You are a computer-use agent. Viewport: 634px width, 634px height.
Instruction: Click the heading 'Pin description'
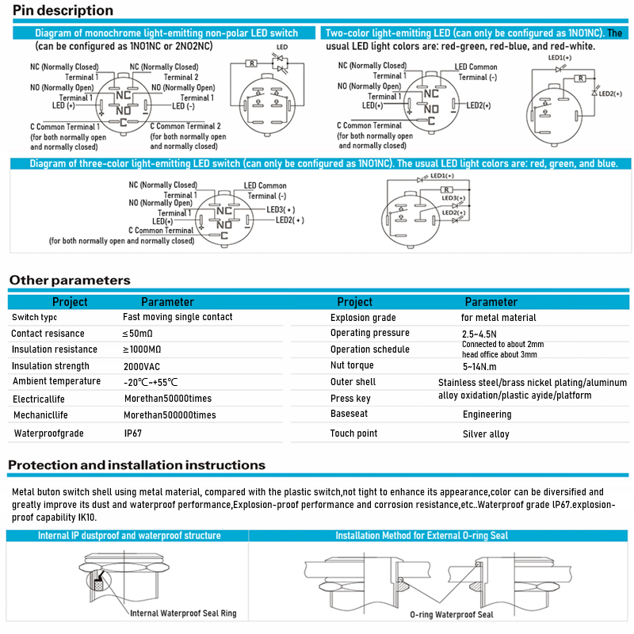pos(63,11)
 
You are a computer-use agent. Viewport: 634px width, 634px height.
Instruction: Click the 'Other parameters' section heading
pos(69,280)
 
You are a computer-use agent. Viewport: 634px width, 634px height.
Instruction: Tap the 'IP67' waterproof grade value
pos(134,433)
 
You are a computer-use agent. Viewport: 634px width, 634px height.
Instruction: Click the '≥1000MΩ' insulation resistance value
pos(143,349)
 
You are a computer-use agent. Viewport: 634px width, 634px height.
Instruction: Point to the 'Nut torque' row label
pos(352,366)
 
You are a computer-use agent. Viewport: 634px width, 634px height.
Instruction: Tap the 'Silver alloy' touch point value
pos(486,434)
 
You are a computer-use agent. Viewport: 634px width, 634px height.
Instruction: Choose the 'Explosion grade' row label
pos(363,318)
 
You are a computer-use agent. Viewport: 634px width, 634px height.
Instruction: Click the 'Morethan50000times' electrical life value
pos(168,399)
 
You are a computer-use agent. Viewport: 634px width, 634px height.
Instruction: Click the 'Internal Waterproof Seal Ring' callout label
pos(183,613)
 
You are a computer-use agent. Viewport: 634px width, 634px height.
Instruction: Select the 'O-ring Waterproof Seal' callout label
pos(452,615)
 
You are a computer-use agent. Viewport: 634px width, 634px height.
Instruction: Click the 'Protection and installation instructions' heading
pos(136,465)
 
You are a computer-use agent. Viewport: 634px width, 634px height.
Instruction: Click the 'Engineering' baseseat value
pos(487,414)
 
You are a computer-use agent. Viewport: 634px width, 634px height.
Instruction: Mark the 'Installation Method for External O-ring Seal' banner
pos(422,536)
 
